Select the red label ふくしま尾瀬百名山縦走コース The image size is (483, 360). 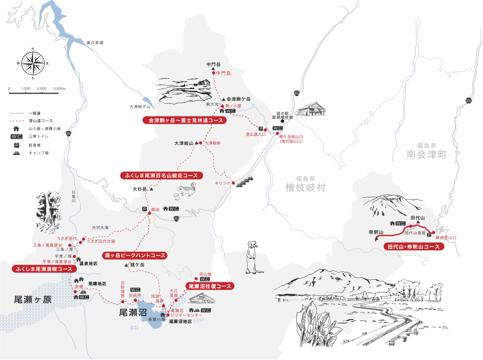point(159,176)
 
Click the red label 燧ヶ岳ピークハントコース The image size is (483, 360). point(135,255)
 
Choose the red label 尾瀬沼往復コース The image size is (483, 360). point(210,286)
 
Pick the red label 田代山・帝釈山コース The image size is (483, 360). point(414,247)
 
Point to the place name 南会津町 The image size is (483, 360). point(426,155)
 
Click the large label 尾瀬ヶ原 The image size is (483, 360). point(33,300)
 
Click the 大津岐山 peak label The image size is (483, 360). point(184,143)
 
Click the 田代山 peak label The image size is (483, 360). point(418,218)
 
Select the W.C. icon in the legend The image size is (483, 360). point(17,137)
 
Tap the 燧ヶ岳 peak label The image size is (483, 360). point(137,265)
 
